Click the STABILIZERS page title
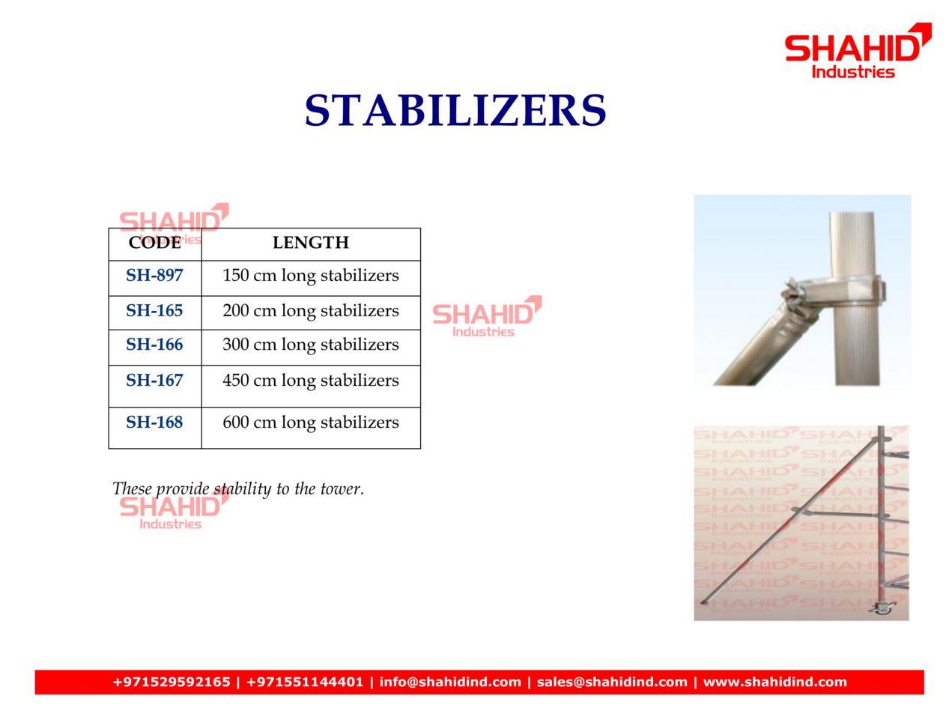(x=455, y=110)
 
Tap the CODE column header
(x=155, y=242)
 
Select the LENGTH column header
(x=310, y=242)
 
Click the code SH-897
(x=154, y=275)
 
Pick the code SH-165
(x=154, y=310)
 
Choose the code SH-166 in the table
(x=154, y=345)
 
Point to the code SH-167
(x=154, y=381)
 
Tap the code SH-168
(x=154, y=422)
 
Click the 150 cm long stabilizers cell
(x=310, y=276)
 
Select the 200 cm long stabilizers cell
(x=310, y=311)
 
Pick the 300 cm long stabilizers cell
(x=310, y=345)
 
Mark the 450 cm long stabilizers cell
(x=310, y=381)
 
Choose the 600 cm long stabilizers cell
(x=310, y=423)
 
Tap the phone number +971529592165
(x=171, y=682)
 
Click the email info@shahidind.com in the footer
(x=450, y=682)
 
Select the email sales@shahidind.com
(x=611, y=682)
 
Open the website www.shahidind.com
(x=774, y=682)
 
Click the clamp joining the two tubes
(x=832, y=293)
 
